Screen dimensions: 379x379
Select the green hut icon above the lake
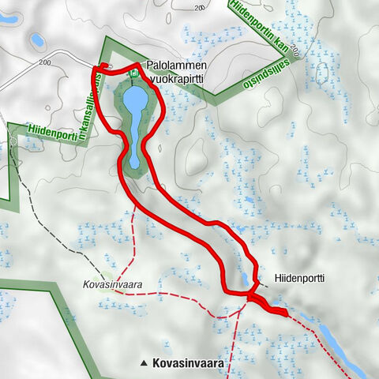click(134, 73)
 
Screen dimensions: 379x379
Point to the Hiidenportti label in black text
click(300, 279)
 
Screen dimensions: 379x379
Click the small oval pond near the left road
click(36, 39)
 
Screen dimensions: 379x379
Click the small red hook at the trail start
click(103, 67)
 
